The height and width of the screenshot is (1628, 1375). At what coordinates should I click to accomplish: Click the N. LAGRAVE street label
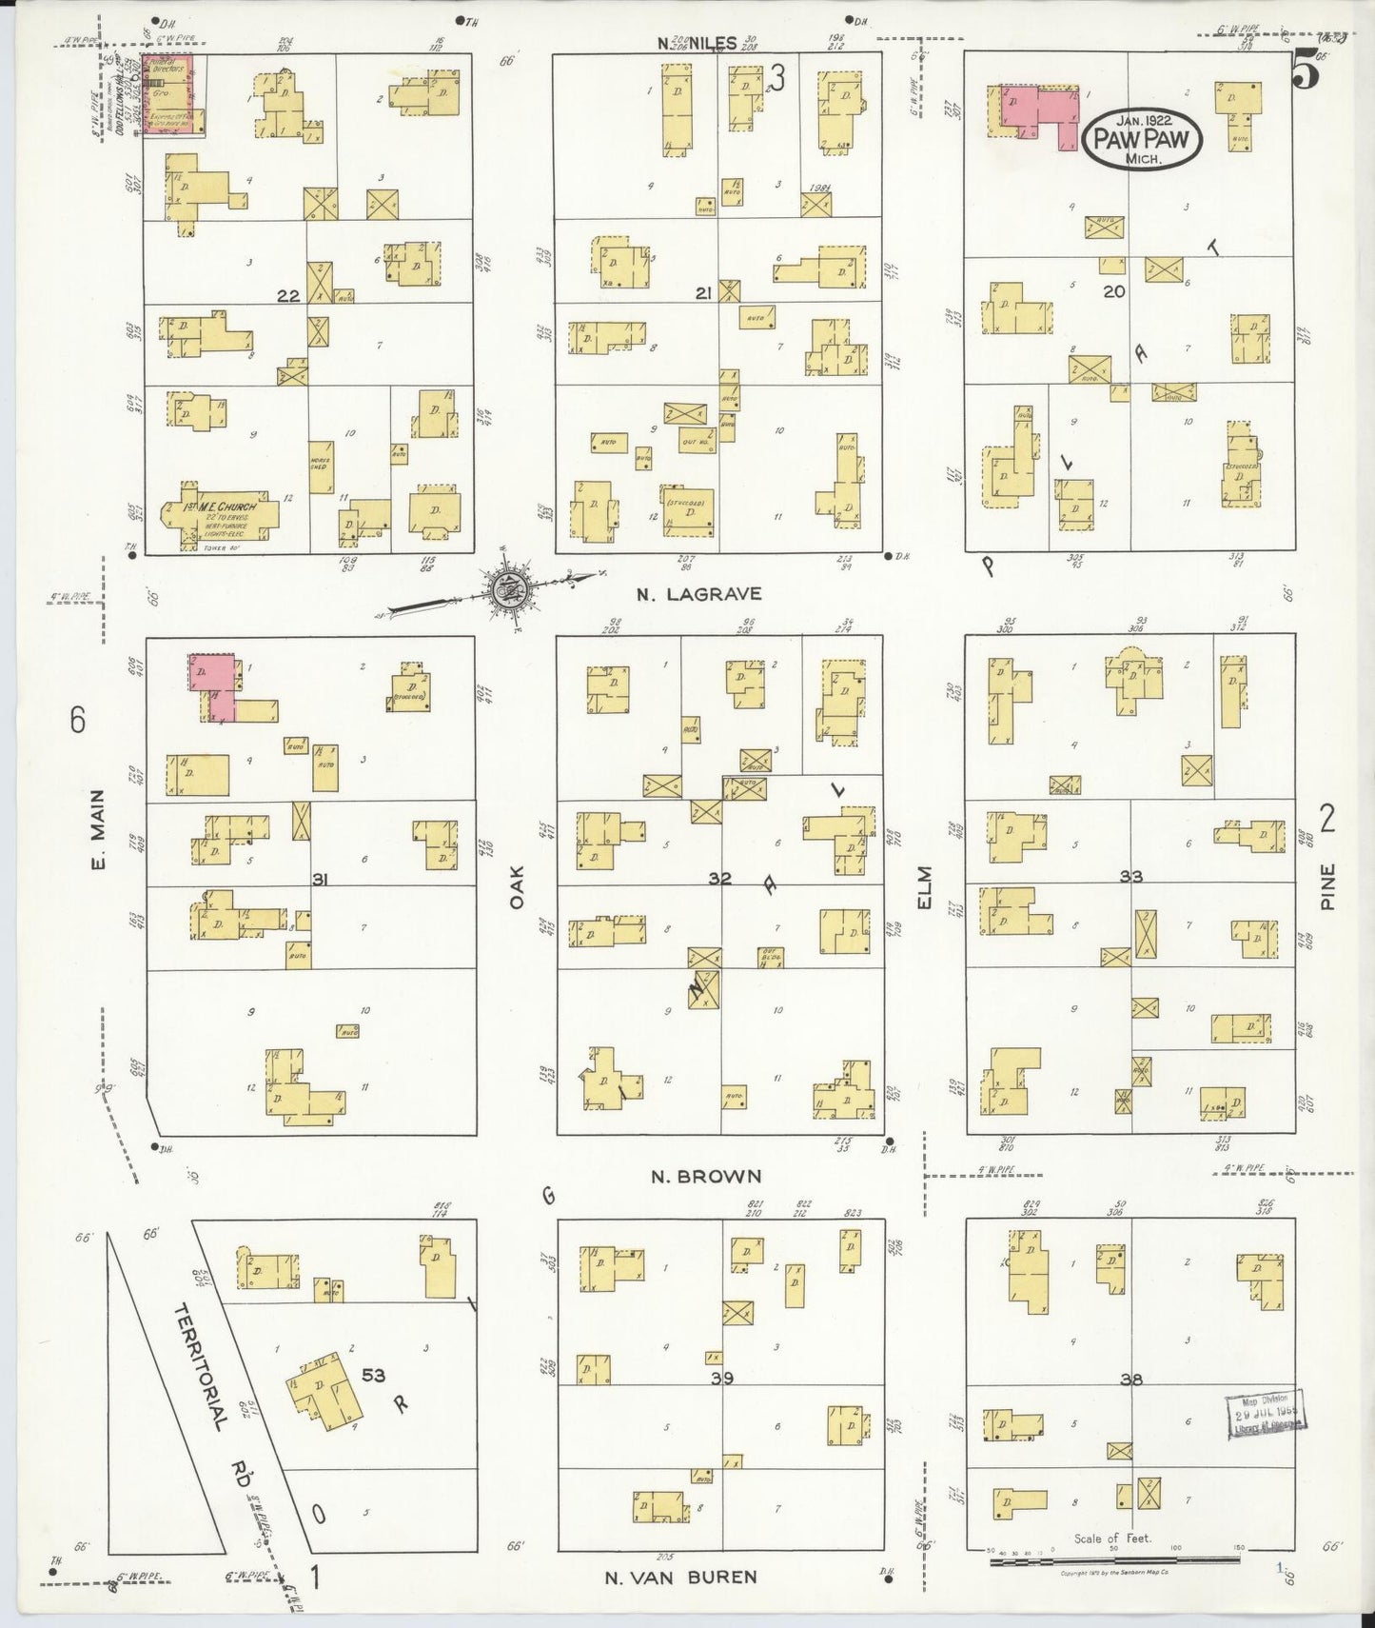click(698, 594)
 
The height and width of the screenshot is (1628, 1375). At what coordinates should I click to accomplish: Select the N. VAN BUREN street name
click(681, 1578)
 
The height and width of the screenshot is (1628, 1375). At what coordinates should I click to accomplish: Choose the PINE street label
click(1328, 885)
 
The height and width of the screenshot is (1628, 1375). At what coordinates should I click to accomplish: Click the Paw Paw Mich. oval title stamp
click(1142, 140)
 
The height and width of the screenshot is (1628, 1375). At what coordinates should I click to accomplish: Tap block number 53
click(373, 1376)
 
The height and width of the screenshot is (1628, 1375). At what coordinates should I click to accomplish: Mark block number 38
click(1130, 1379)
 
